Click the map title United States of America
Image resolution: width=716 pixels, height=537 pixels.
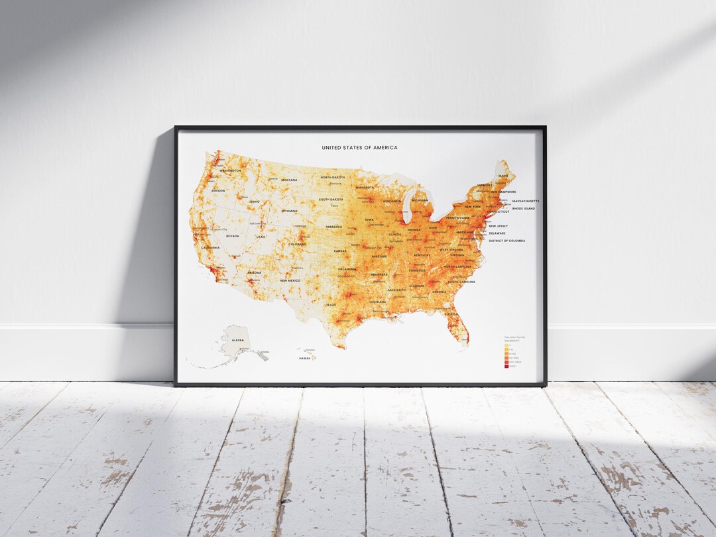[x=360, y=148]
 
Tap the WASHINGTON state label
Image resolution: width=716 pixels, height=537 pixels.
[x=230, y=170]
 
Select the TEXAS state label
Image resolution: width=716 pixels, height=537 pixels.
[x=331, y=304]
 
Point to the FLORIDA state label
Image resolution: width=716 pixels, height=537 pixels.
[x=451, y=314]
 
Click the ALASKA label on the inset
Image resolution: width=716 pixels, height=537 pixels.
[x=238, y=339]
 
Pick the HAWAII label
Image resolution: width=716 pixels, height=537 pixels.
[x=305, y=358]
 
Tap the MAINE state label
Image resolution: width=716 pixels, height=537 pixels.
[x=503, y=176]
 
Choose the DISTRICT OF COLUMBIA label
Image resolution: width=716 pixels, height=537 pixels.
[x=507, y=241]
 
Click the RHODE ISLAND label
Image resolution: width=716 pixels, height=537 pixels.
[x=524, y=208]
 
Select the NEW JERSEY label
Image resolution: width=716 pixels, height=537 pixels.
[x=499, y=226]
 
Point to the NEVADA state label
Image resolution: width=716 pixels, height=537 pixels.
[x=232, y=236]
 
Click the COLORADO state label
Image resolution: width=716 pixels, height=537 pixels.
[x=297, y=244]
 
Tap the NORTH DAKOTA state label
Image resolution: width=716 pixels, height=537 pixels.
[x=333, y=177]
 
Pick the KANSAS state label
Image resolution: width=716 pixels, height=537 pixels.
[x=340, y=251]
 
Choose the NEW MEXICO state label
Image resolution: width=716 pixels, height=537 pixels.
[x=290, y=280]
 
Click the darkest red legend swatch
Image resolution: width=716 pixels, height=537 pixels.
[x=507, y=367]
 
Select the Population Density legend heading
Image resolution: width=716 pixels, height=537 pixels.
[x=515, y=338]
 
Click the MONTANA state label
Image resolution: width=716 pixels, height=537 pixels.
[x=289, y=180]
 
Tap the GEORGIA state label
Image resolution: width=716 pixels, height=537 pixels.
[x=439, y=292]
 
